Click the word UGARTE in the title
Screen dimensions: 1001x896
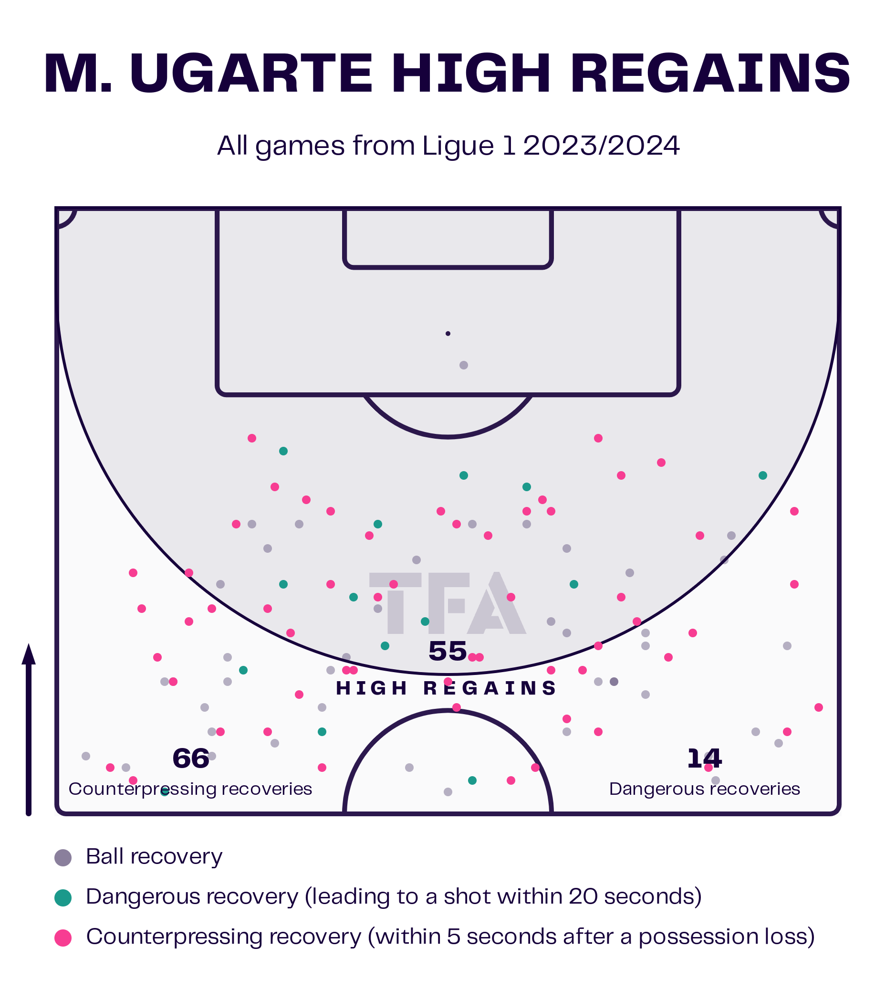click(250, 74)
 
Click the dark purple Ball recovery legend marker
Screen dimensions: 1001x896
click(63, 858)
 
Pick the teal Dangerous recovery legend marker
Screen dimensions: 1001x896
click(63, 897)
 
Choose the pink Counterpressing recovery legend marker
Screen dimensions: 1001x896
click(63, 938)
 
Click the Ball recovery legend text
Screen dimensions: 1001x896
click(154, 857)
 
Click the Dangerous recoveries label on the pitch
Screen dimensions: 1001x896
click(705, 789)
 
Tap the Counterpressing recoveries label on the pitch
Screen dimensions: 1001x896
click(190, 789)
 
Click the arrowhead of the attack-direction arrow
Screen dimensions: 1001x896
click(29, 654)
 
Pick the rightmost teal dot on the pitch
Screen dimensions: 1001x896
click(762, 475)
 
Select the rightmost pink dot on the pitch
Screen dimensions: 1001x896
click(819, 707)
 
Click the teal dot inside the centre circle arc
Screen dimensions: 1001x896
click(472, 780)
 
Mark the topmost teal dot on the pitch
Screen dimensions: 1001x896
click(283, 451)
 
